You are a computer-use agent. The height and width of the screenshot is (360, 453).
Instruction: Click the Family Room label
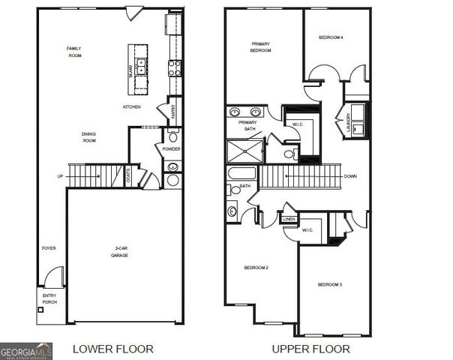point(73,52)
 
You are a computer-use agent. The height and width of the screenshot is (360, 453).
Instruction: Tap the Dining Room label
point(89,137)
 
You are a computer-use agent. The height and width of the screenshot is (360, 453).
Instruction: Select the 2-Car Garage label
point(119,253)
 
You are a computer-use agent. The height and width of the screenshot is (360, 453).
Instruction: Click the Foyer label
point(49,248)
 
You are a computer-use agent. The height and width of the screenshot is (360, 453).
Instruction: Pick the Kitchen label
point(132,107)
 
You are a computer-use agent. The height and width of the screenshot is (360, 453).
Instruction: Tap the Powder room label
point(172,148)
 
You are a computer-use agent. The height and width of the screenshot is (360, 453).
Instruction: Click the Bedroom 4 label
point(331,37)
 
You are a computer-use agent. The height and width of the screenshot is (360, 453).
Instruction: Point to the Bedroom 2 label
point(256,268)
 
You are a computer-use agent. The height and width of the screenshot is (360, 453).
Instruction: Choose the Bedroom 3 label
point(330,284)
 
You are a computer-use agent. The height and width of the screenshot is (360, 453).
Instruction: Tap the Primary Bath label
point(247,126)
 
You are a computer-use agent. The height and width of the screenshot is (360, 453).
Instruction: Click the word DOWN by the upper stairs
point(349,177)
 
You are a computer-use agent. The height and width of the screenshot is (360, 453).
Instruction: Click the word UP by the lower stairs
point(61,177)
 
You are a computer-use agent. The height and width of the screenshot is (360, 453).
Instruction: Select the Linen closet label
point(289,219)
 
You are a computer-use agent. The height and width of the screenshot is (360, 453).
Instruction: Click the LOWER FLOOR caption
point(113,349)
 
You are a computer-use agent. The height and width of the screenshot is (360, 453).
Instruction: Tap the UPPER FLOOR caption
point(310,349)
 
